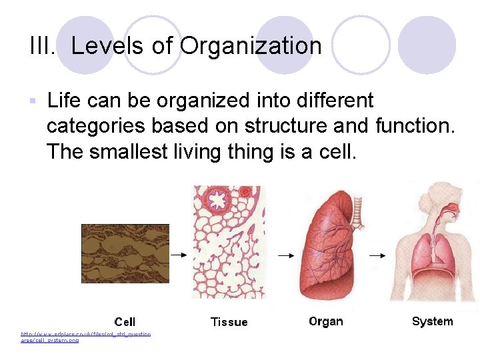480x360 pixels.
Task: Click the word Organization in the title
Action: point(251,46)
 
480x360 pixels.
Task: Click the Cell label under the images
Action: point(125,322)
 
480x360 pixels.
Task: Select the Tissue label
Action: point(229,322)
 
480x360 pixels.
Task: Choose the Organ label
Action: point(326,321)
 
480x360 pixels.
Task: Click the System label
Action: point(432,321)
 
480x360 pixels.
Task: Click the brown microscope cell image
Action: point(125,253)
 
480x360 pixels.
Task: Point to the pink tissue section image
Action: point(228,243)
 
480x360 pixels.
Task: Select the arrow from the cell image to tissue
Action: point(179,254)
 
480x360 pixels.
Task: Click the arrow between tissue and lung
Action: point(285,255)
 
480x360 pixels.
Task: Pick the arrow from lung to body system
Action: point(377,255)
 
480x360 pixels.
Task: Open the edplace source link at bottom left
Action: point(85,337)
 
